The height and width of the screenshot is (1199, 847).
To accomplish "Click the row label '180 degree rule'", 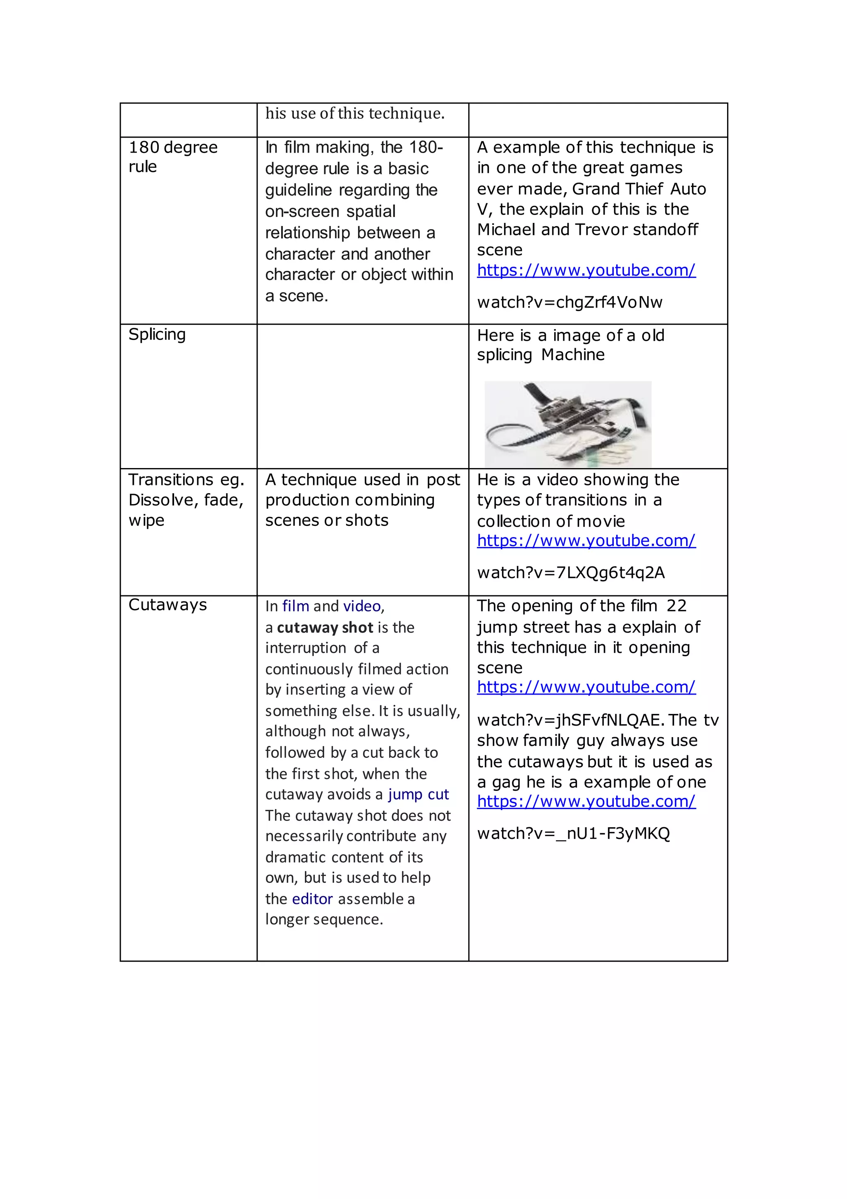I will click(172, 157).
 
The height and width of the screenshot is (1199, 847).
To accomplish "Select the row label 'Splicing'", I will click(157, 334).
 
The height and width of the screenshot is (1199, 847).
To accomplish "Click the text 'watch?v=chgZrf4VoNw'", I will click(569, 302).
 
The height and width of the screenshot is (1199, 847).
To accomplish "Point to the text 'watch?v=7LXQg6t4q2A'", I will click(571, 573).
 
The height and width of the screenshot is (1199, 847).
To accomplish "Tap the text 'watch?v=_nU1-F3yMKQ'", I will click(573, 834).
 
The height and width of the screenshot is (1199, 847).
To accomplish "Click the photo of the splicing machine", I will click(567, 424).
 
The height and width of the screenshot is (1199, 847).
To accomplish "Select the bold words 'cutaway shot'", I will click(325, 628).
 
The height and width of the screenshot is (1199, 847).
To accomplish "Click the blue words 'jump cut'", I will click(418, 794).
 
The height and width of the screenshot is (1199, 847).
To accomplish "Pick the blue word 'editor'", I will click(312, 899).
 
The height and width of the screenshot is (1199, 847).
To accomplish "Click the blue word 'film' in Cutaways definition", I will click(295, 606).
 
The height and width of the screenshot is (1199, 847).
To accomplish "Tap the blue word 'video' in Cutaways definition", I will click(361, 606).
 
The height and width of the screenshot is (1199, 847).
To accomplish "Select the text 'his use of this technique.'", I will click(355, 113).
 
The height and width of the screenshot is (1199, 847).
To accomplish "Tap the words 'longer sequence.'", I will click(324, 919).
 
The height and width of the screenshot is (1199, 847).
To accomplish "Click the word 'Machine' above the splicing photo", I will click(573, 355).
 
